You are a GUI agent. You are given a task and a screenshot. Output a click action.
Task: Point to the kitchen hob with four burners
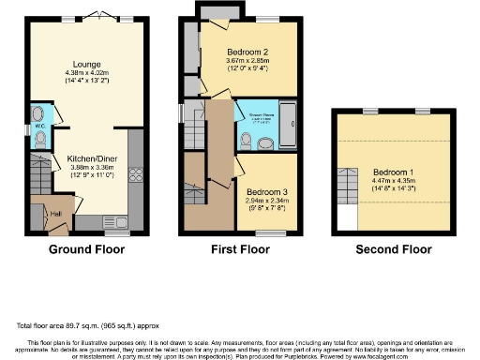(134, 174)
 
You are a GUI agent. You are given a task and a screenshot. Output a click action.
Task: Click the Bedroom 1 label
(392, 173)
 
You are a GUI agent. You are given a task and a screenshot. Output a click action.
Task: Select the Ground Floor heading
(87, 250)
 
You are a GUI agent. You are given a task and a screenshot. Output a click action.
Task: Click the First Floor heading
(239, 250)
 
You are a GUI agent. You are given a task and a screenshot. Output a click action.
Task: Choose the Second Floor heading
(393, 250)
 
